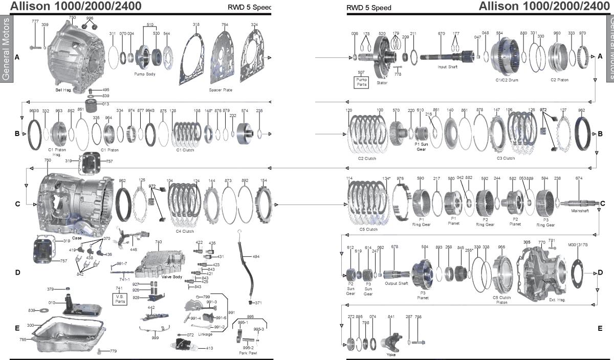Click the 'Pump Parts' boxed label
click(362, 81)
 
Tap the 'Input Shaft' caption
click(448, 67)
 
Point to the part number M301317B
click(578, 244)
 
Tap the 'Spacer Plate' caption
click(221, 89)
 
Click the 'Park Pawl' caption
click(248, 353)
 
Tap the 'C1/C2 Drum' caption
click(505, 80)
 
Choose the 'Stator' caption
click(382, 82)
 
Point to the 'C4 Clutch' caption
click(186, 231)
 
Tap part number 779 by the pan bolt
click(113, 351)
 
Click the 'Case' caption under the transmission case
click(77, 238)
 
